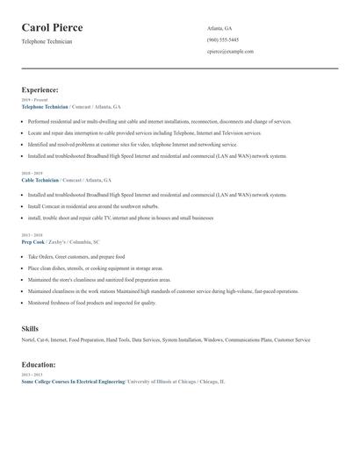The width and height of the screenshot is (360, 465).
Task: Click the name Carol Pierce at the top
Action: pos(58,27)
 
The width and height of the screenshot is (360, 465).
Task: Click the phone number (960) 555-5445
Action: pos(222,39)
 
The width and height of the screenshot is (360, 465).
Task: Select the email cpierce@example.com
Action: pos(230,51)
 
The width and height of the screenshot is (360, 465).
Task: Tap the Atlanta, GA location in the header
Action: pos(220,28)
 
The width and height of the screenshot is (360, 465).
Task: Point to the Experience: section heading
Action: pos(40,89)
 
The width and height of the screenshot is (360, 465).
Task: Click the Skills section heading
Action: pos(30,327)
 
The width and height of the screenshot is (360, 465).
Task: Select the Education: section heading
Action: pos(39,364)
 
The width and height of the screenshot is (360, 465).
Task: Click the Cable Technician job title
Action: pos(40,180)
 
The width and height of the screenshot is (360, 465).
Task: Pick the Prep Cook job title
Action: pos(33,241)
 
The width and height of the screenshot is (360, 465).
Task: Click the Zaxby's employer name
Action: pos(59,241)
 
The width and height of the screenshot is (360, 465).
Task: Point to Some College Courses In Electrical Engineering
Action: pos(73,382)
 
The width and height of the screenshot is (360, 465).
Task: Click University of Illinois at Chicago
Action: pos(165,382)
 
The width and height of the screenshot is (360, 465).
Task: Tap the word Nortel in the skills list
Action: pos(27,339)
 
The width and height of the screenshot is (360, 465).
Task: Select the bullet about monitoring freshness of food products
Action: pos(91,302)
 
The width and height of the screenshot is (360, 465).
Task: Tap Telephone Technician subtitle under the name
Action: pos(47,41)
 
